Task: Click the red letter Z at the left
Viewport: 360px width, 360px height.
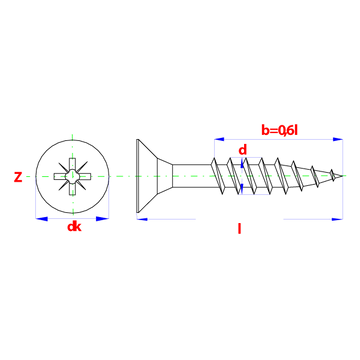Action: [17, 178]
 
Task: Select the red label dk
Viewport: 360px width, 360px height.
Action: [74, 228]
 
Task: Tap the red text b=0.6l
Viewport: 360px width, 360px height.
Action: [279, 128]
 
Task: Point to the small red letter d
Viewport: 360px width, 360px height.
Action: [241, 150]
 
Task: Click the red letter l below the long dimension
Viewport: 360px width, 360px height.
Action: [239, 229]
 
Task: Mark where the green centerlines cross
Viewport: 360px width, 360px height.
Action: [73, 176]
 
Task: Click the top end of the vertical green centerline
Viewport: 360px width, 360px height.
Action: [73, 133]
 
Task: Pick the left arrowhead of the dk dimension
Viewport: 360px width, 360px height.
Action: [41, 217]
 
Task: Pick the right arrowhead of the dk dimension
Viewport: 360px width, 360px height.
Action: [103, 217]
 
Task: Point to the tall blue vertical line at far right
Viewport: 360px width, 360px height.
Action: [343, 178]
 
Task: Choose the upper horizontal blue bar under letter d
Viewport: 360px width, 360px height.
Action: [247, 158]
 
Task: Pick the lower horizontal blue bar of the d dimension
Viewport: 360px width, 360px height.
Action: [255, 194]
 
